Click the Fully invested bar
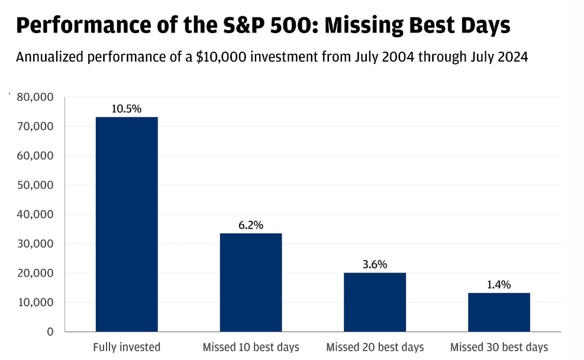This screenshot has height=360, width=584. [127, 224]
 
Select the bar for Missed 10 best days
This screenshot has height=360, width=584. [251, 282]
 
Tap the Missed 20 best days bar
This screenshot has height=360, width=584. [375, 302]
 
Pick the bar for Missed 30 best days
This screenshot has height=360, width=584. [499, 312]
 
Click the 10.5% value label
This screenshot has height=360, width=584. [127, 109]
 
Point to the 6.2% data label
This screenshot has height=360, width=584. [251, 225]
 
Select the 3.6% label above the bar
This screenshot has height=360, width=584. [375, 265]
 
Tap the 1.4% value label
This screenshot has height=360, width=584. [499, 285]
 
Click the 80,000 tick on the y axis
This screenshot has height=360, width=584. [36, 97]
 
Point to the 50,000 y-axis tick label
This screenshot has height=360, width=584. [36, 185]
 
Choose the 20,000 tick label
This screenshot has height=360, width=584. [36, 273]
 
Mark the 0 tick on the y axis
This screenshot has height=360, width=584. [50, 332]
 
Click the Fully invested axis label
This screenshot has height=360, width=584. [127, 348]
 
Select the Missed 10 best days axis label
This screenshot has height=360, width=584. [251, 348]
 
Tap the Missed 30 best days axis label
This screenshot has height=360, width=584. [499, 348]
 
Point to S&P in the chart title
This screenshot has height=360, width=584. [244, 25]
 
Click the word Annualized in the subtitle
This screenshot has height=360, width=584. [50, 57]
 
